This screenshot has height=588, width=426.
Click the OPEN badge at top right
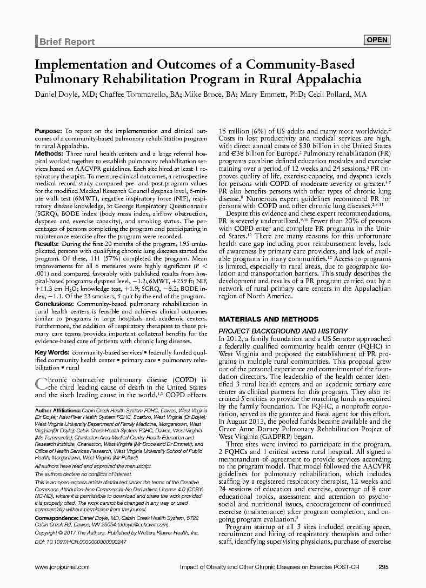click(x=377, y=40)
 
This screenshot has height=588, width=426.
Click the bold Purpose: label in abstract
click(x=49, y=131)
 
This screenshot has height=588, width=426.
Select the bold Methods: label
click(x=49, y=154)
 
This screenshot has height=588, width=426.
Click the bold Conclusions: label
click(x=54, y=304)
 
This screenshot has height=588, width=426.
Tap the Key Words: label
click(x=52, y=352)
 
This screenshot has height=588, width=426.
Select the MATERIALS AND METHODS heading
click(x=268, y=319)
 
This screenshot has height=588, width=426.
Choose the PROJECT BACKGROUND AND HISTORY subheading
click(x=283, y=331)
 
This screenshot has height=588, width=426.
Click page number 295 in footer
click(x=384, y=567)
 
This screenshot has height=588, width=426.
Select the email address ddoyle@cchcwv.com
click(x=142, y=524)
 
